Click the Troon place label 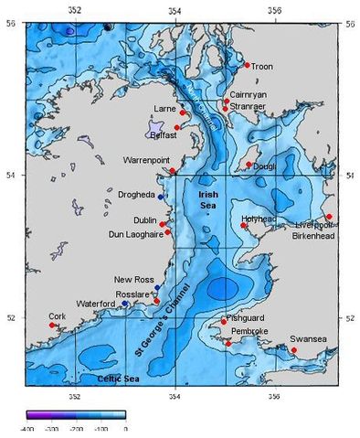(262, 67)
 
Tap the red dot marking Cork (52, 325)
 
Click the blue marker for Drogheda (161, 197)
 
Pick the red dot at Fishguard (224, 321)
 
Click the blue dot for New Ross (157, 287)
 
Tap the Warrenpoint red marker (173, 171)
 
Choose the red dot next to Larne (183, 113)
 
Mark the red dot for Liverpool (329, 217)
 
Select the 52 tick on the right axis (351, 317)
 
